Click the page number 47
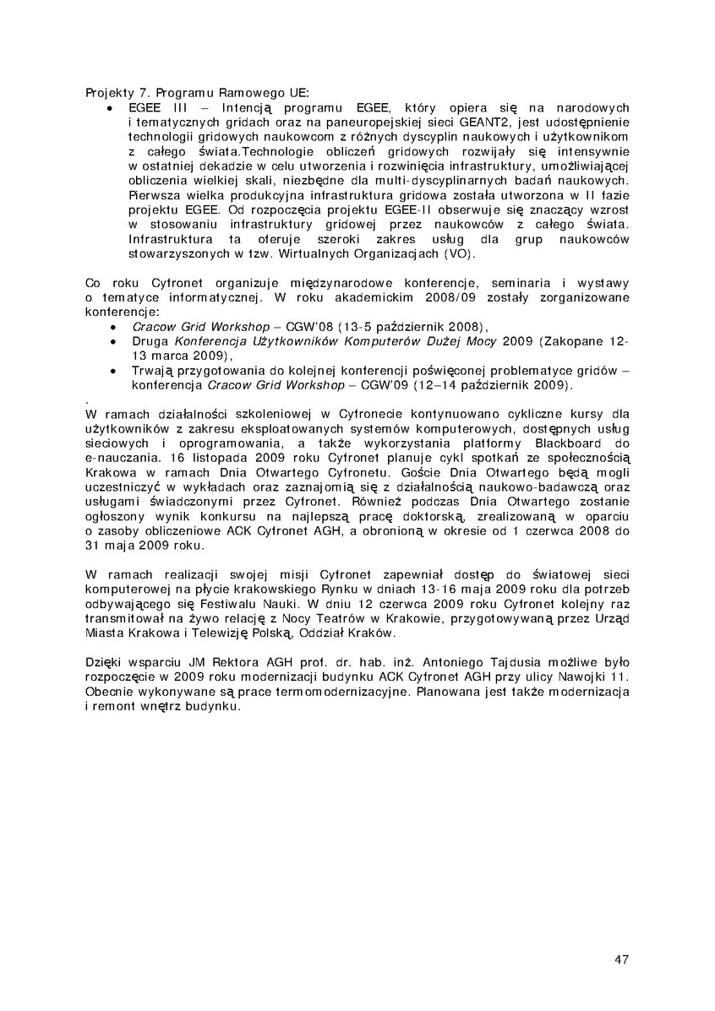pos(621,959)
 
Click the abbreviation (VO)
pos(461,253)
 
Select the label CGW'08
pos(312,326)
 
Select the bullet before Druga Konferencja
pos(114,341)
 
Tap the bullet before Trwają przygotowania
pos(114,370)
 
